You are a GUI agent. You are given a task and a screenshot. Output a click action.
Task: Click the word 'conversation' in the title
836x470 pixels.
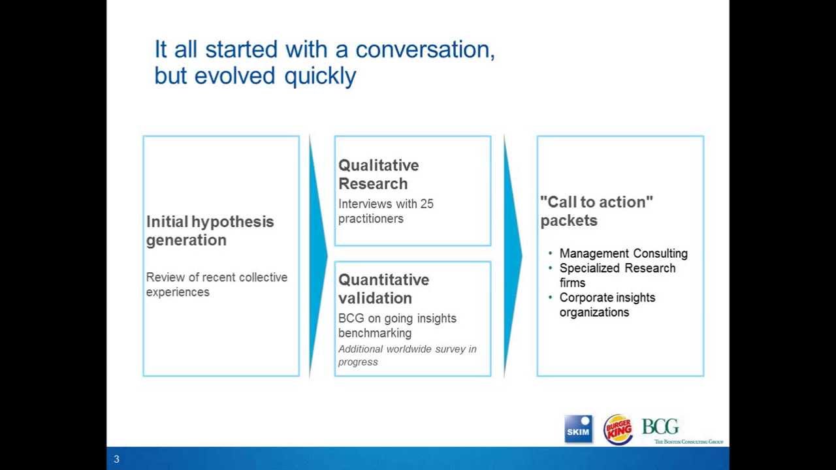(x=425, y=50)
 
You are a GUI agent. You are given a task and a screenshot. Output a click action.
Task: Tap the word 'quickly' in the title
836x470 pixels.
(x=320, y=76)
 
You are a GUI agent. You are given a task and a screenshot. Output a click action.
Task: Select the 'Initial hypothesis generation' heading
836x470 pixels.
(x=210, y=230)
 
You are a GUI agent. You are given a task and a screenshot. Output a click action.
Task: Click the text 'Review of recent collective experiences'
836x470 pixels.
(x=216, y=285)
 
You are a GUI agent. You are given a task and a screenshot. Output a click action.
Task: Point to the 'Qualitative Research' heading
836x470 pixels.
(x=378, y=174)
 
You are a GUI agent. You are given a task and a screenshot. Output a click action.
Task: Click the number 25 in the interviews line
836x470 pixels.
(x=426, y=204)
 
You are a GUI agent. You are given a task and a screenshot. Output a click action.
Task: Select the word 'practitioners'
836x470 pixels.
(x=370, y=219)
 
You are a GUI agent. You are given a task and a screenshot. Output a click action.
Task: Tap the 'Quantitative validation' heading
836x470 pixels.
(x=383, y=289)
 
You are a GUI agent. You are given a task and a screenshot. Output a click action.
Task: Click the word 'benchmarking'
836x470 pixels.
(x=374, y=333)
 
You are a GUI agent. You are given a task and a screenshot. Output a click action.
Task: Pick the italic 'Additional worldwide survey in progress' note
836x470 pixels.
(x=407, y=355)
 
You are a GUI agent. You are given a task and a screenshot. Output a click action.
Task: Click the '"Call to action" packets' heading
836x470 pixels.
(x=596, y=211)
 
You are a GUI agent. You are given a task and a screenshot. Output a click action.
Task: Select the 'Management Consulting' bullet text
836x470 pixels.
(x=623, y=253)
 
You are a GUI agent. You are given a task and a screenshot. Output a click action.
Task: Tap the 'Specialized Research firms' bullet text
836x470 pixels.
(x=617, y=275)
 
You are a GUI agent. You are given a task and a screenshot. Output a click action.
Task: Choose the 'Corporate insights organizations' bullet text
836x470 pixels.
(x=607, y=304)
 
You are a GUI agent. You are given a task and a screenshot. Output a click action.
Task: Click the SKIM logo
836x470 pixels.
(x=578, y=429)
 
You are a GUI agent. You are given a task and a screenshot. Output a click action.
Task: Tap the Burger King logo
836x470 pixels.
(x=617, y=429)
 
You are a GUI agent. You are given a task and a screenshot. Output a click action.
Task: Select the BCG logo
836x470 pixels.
(x=661, y=427)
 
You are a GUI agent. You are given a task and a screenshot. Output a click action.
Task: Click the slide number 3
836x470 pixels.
(x=117, y=459)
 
